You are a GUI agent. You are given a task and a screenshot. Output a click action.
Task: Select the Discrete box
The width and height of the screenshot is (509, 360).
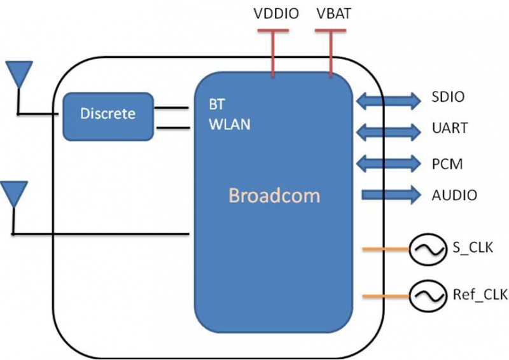pos(108,114)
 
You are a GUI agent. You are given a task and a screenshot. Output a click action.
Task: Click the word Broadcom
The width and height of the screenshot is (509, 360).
pos(274,195)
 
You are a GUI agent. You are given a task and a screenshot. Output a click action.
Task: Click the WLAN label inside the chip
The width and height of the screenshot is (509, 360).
pos(230,125)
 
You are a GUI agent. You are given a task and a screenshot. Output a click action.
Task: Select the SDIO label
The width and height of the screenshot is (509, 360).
pos(448,98)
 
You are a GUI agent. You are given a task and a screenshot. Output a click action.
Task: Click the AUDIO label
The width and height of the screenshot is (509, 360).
pos(454,195)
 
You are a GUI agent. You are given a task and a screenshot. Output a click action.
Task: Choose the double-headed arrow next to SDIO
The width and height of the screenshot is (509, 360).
pos(387,99)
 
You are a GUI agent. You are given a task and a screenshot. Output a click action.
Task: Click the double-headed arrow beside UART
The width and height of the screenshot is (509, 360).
pos(387,131)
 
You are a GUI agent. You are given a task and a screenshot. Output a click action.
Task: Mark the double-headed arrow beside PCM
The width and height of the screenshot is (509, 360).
pos(387,163)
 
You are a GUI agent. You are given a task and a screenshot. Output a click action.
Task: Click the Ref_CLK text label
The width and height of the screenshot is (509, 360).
pos(471,294)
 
